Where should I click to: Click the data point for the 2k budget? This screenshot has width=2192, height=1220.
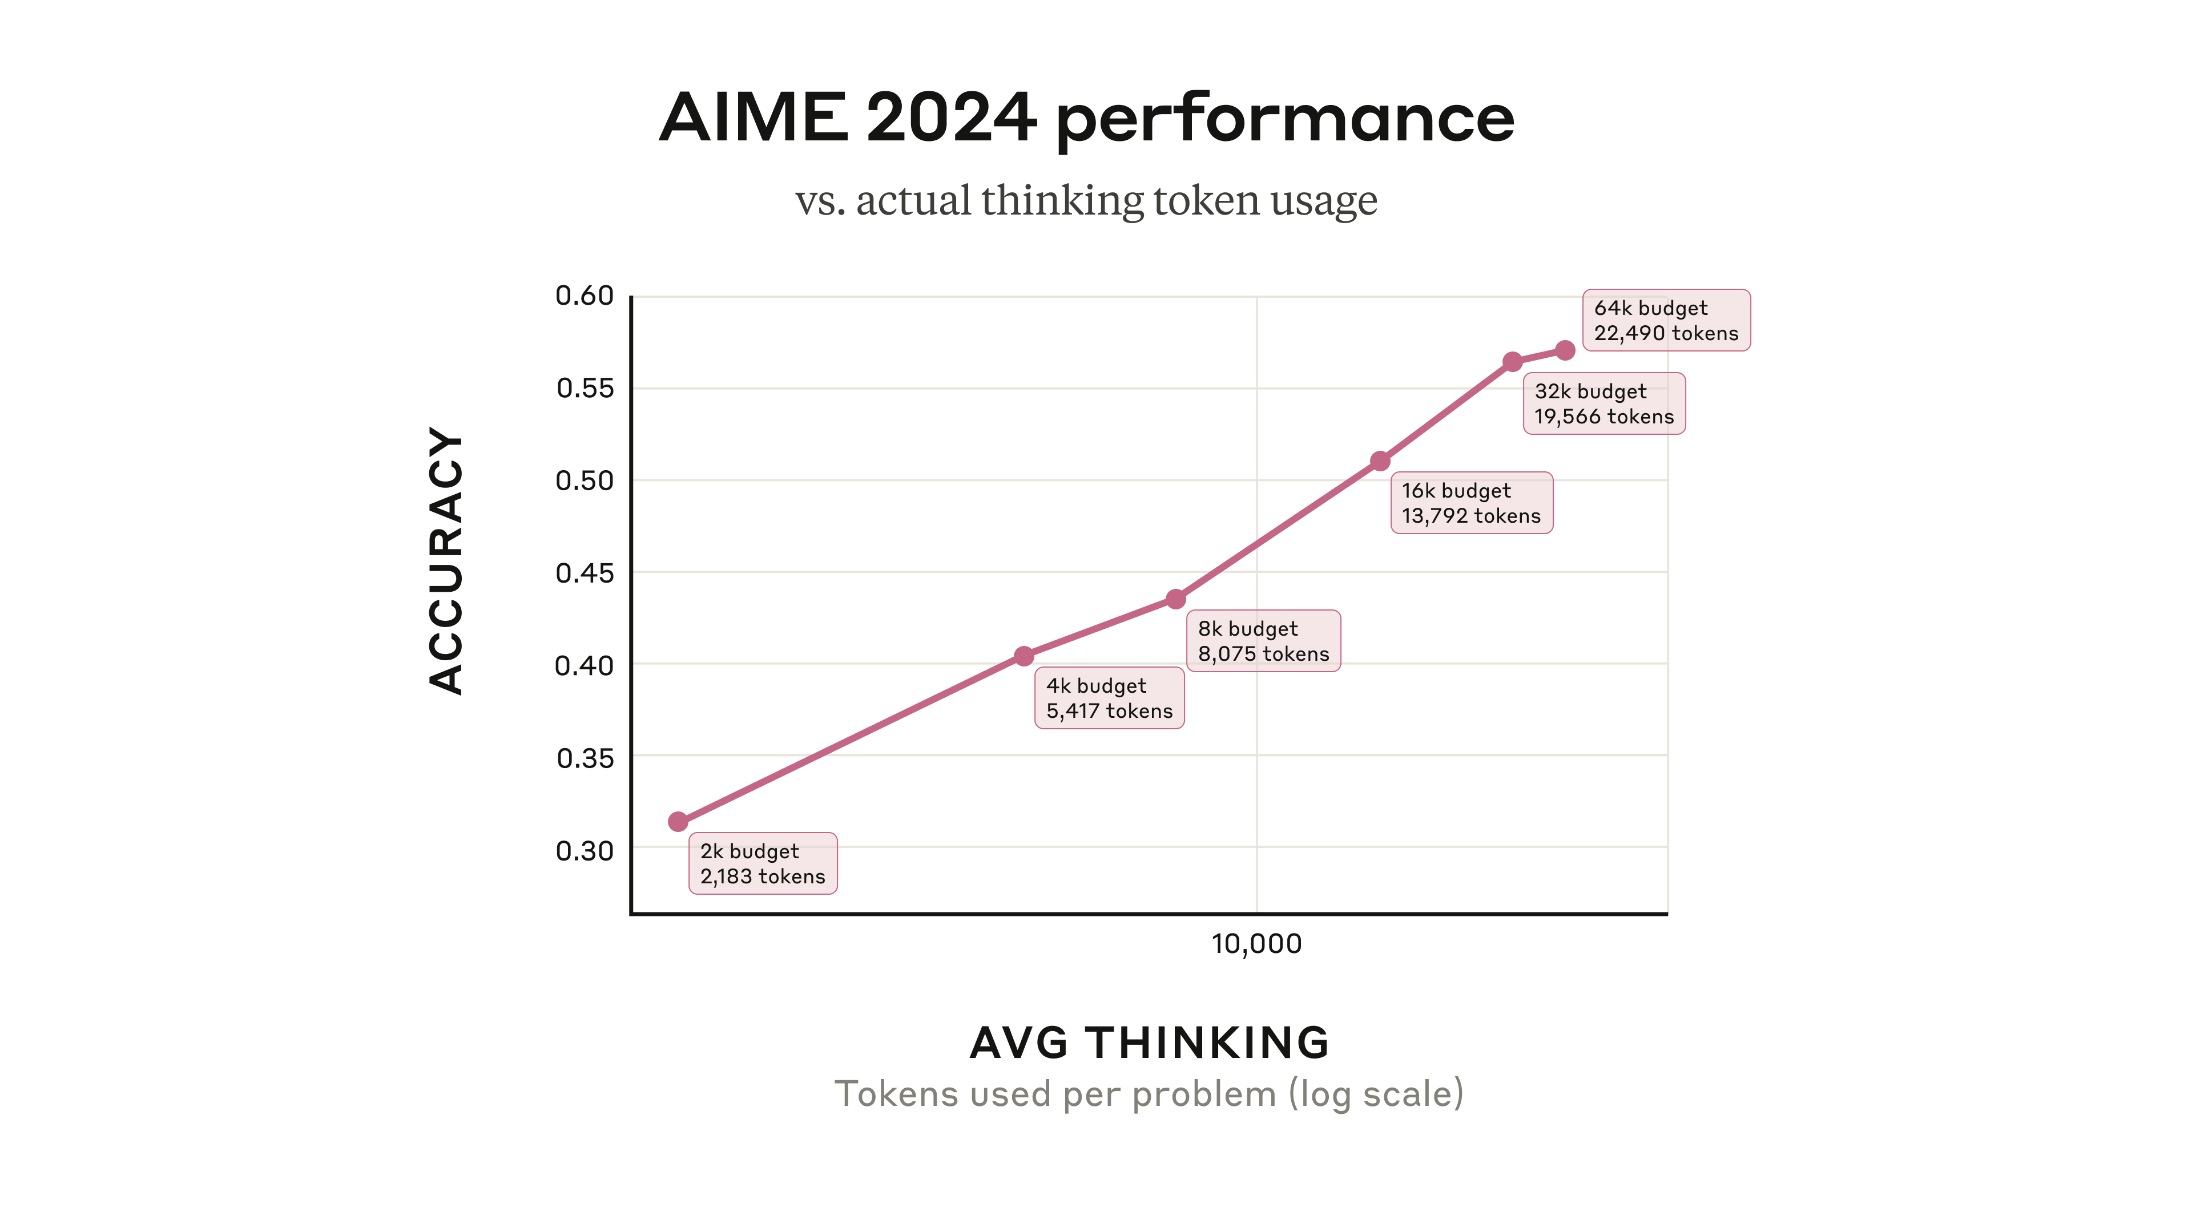pyautogui.click(x=678, y=821)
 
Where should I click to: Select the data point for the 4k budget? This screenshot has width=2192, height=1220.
pyautogui.click(x=1024, y=656)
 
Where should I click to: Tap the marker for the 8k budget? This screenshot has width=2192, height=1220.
pyautogui.click(x=1175, y=599)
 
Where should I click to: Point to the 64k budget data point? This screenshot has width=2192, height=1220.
pyautogui.click(x=1565, y=350)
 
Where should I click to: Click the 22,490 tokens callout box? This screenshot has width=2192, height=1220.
pyautogui.click(x=1665, y=321)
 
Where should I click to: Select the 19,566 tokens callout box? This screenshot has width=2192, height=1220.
pyautogui.click(x=1603, y=404)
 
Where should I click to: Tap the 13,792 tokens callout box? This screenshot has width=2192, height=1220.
pyautogui.click(x=1471, y=503)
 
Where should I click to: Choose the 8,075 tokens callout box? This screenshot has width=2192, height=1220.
pyautogui.click(x=1263, y=641)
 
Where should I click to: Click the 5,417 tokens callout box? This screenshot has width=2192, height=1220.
pyautogui.click(x=1109, y=698)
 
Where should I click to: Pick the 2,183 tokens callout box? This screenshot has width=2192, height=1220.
pyautogui.click(x=763, y=863)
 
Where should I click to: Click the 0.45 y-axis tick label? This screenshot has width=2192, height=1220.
pyautogui.click(x=585, y=572)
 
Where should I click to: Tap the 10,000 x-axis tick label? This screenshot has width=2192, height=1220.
pyautogui.click(x=1256, y=943)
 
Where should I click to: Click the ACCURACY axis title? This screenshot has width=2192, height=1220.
pyautogui.click(x=446, y=561)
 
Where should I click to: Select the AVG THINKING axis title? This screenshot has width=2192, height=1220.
pyautogui.click(x=1149, y=1042)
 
